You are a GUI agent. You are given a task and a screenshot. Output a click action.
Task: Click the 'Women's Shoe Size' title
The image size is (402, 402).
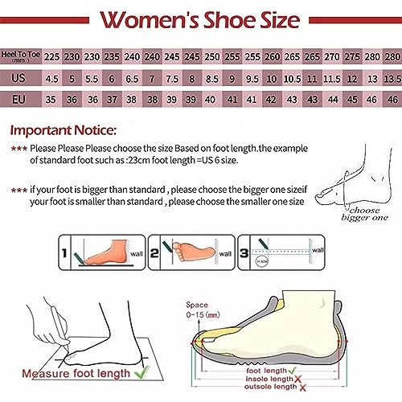200,19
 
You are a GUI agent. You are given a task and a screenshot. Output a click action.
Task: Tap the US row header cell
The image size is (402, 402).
22,79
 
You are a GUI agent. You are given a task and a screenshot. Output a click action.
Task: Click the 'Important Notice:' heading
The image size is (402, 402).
64,129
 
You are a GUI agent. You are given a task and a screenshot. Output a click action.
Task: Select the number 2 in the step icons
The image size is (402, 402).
157,253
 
